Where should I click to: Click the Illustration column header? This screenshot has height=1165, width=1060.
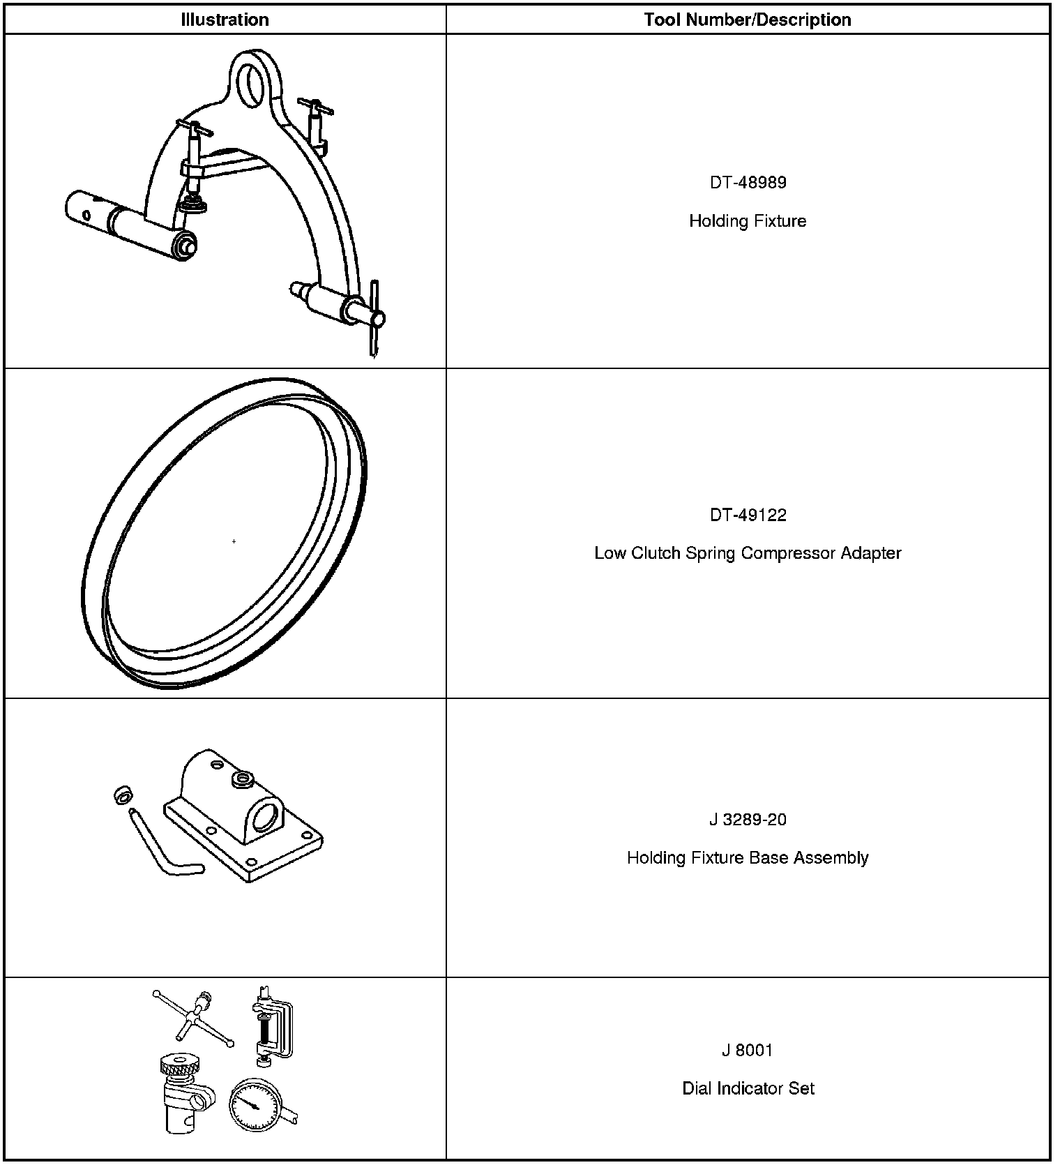click(x=225, y=20)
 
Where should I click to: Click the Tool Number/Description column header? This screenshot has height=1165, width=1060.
click(x=748, y=20)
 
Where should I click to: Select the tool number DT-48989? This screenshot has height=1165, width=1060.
click(x=748, y=183)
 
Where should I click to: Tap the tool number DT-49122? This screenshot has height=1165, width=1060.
click(x=748, y=516)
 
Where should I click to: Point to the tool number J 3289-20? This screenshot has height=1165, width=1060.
click(x=748, y=820)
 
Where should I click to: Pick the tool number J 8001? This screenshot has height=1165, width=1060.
click(x=748, y=1051)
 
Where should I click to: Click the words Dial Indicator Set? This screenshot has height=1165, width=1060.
click(x=748, y=1089)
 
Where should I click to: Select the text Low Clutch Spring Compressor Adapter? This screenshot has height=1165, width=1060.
click(x=748, y=553)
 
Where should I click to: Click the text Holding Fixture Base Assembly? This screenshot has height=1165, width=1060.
click(x=748, y=858)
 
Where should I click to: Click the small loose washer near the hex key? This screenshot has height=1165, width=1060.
click(x=123, y=795)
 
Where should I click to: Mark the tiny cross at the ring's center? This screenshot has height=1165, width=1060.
click(x=234, y=541)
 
